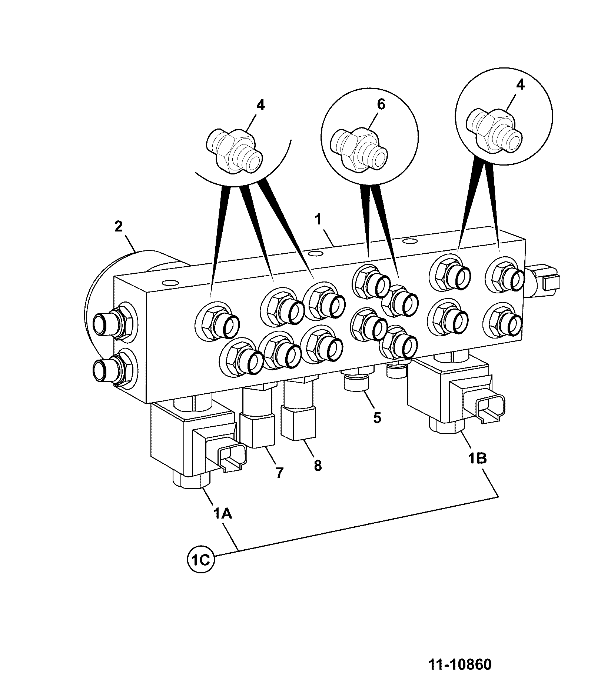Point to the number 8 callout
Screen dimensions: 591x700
(318, 466)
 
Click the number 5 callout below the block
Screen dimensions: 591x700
(376, 418)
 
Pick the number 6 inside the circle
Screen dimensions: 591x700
(381, 104)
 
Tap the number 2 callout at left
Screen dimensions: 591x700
(118, 226)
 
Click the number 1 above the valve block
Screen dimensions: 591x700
(318, 219)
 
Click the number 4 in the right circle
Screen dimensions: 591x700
(520, 85)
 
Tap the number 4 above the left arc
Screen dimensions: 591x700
(260, 105)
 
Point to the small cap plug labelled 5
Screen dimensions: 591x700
(356, 382)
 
